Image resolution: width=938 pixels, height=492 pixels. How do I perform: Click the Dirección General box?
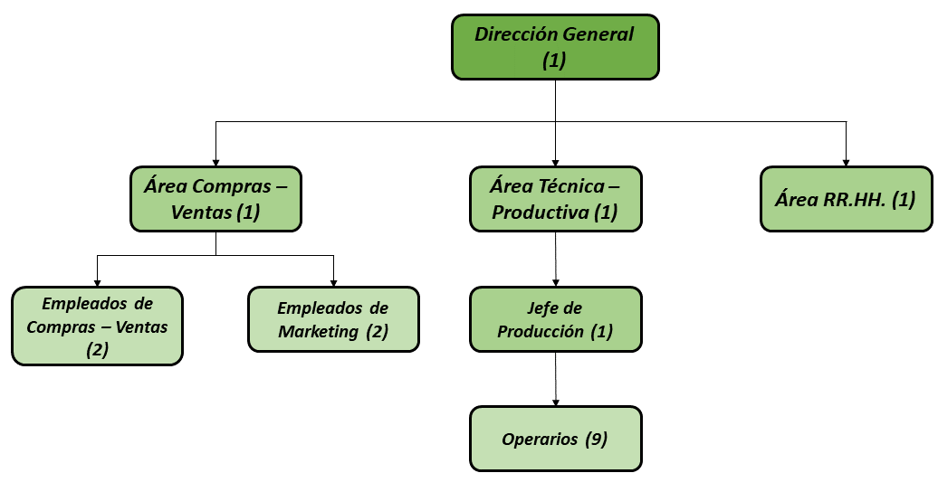pyautogui.click(x=555, y=47)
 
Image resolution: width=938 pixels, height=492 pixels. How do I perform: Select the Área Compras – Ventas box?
pyautogui.click(x=216, y=199)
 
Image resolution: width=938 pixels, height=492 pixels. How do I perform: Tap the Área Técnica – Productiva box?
pyautogui.click(x=556, y=199)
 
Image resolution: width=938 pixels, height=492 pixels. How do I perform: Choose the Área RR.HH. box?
pyautogui.click(x=846, y=199)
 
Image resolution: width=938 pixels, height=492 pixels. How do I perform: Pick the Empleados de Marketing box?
pyautogui.click(x=334, y=319)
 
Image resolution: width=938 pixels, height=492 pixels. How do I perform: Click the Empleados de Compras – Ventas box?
pyautogui.click(x=97, y=326)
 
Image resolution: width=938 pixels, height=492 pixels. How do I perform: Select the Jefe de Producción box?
pyautogui.click(x=556, y=319)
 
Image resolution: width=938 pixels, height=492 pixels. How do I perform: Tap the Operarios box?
pyautogui.click(x=556, y=439)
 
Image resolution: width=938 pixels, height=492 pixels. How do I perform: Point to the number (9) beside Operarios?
pyautogui.click(x=596, y=440)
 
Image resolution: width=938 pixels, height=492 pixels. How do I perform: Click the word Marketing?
pyautogui.click(x=319, y=331)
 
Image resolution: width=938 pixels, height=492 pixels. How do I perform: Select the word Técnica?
pyautogui.click(x=572, y=186)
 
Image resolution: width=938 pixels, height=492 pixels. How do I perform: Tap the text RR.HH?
pyautogui.click(x=855, y=200)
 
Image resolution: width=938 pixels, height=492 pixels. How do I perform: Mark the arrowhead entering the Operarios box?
pyautogui.click(x=556, y=403)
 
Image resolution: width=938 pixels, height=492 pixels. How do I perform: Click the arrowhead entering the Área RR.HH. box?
pyautogui.click(x=846, y=163)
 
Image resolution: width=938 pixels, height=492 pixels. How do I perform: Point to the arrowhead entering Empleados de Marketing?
pyautogui.click(x=334, y=283)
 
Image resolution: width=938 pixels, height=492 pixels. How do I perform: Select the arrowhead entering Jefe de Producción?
pyautogui.click(x=556, y=283)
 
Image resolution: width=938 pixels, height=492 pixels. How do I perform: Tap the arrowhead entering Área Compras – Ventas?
pyautogui.click(x=216, y=163)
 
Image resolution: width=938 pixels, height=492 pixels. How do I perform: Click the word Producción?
pyautogui.click(x=541, y=332)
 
